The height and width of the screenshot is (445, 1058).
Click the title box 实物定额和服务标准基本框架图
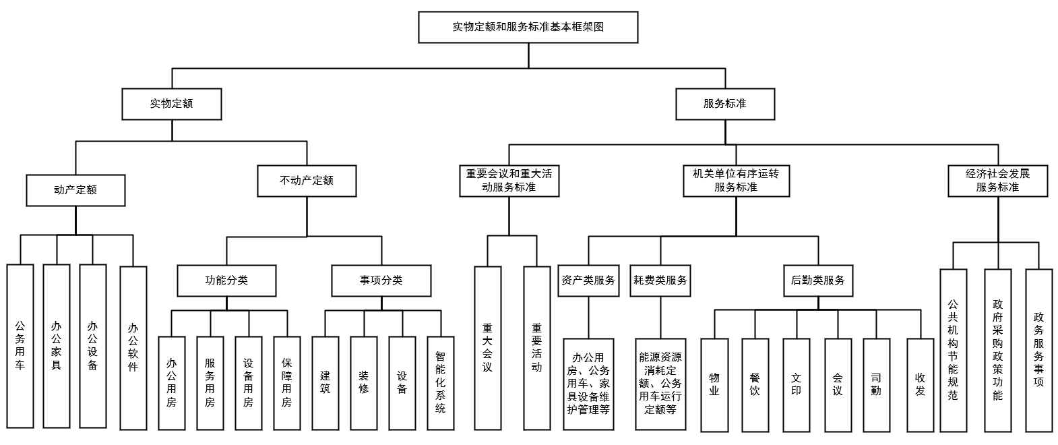528,28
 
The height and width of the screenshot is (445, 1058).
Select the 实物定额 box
171,104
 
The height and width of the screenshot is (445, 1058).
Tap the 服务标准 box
725,104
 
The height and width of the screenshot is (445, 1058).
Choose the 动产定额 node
75,190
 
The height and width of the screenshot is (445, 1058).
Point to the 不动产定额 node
307,181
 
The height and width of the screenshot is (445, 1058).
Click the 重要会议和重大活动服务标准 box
509,181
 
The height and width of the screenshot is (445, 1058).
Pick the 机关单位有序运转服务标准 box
736,181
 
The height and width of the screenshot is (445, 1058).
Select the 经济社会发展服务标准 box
997,181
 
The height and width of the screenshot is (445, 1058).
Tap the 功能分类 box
226,280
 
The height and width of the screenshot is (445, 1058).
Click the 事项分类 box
381,280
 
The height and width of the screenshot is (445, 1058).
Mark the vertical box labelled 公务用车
20,347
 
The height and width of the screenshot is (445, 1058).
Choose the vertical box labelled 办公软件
133,348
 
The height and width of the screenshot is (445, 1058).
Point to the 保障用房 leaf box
286,383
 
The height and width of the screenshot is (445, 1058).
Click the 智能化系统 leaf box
441,383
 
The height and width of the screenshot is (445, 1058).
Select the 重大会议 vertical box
487,348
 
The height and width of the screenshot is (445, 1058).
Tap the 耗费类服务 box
660,280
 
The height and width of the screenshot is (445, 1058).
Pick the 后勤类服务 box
818,280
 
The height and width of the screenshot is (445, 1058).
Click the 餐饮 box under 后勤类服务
755,385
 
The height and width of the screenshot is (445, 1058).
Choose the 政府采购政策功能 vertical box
997,351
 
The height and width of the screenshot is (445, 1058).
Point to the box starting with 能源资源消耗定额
660,384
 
